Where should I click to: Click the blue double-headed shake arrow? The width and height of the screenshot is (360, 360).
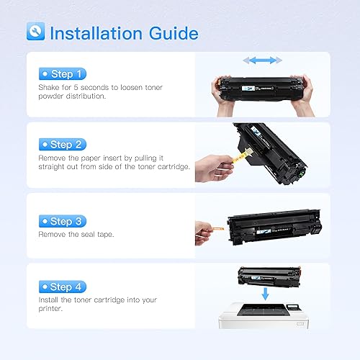pyautogui.click(x=261, y=60)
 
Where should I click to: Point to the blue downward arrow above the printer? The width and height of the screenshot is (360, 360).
pyautogui.click(x=265, y=294)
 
